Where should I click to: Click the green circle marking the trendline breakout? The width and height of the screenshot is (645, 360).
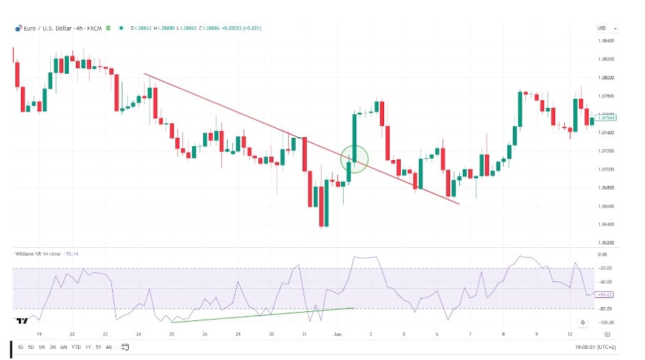[354, 159]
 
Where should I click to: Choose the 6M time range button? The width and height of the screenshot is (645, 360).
[63, 346]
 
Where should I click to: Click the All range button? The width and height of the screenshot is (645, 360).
[109, 346]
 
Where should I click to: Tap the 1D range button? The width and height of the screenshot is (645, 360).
[20, 346]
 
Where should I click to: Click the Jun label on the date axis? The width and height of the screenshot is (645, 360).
[337, 334]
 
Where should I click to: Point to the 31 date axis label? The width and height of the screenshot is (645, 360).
[304, 334]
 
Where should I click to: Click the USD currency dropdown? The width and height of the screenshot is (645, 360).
[607, 29]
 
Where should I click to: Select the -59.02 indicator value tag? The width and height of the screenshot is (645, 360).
[605, 295]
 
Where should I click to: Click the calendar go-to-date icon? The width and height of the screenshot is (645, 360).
[125, 346]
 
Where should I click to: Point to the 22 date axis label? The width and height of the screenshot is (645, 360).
[72, 334]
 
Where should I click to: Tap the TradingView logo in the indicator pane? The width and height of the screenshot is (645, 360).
[22, 320]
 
